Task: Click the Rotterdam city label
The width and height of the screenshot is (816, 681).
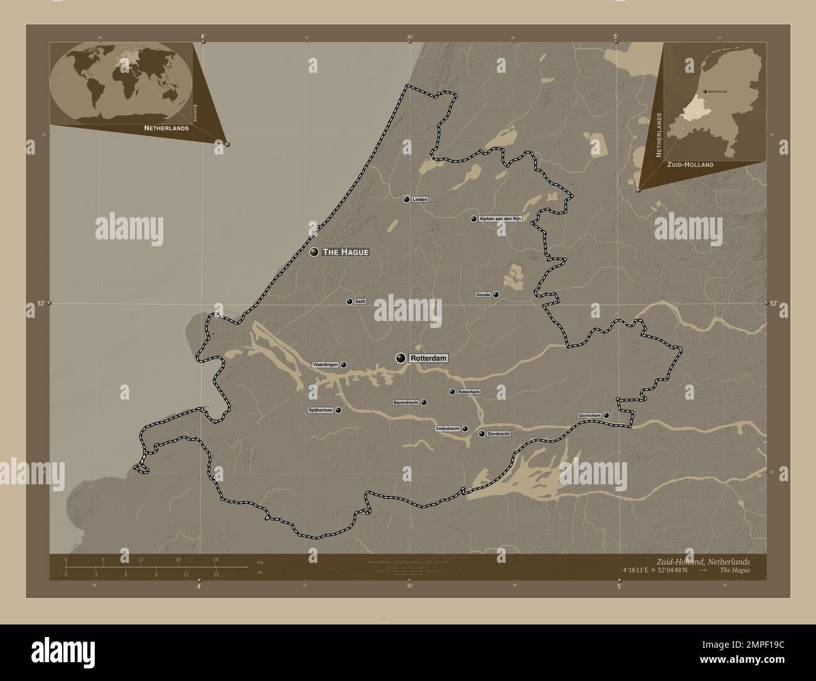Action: click(429, 358)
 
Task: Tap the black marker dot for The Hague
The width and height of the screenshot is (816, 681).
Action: click(314, 252)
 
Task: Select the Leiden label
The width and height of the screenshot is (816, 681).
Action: click(421, 199)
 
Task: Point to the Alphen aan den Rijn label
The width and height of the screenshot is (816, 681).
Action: click(500, 219)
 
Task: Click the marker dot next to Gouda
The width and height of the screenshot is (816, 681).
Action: click(496, 294)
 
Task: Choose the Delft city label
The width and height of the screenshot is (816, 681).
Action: click(360, 302)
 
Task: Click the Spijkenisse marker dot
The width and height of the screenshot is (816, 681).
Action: click(338, 410)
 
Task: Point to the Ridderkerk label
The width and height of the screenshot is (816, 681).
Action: click(469, 392)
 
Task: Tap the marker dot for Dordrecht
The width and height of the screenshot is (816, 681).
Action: click(481, 434)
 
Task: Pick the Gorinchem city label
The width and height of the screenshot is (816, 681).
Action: click(590, 415)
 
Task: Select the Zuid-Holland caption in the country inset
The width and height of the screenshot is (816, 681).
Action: click(690, 165)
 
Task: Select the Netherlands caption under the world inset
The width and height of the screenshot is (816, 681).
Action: click(166, 128)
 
